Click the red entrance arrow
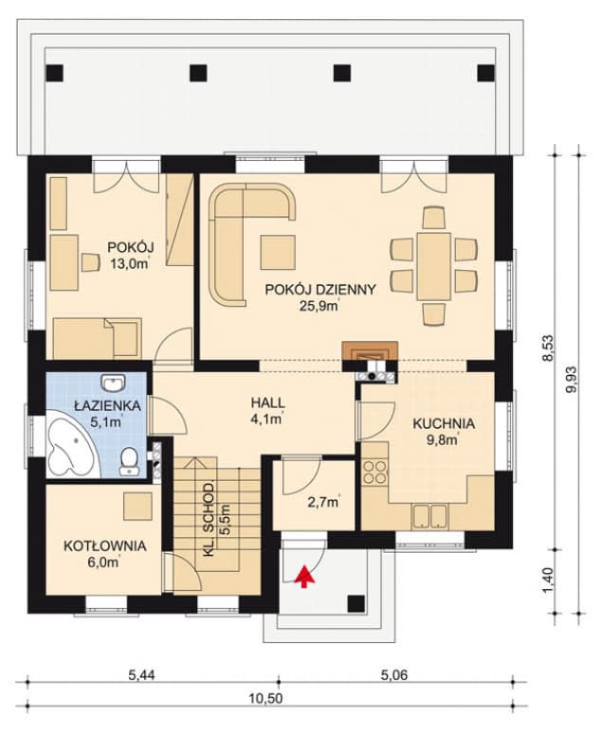click(303, 576)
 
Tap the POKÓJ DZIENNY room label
click(320, 290)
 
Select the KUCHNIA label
click(444, 424)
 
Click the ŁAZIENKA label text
click(108, 405)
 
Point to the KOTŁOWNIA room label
click(104, 545)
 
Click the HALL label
click(267, 402)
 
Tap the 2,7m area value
click(323, 502)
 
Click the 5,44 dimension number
click(140, 674)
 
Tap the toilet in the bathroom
click(128, 461)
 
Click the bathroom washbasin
click(113, 383)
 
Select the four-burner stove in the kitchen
click(374, 472)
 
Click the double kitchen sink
click(429, 516)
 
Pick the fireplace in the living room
click(370, 350)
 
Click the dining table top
click(434, 266)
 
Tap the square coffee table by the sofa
click(278, 252)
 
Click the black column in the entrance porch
click(356, 604)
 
